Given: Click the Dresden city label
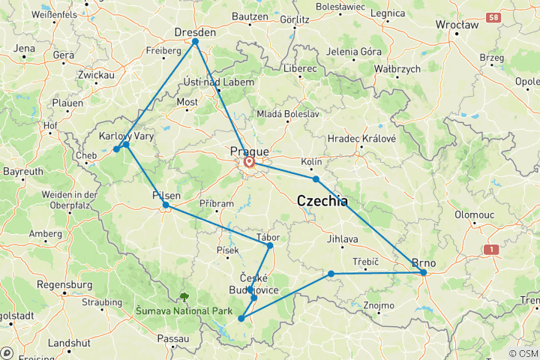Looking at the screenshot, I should (x=195, y=32).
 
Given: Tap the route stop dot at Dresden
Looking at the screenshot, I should (x=195, y=42).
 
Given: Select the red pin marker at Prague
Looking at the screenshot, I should (x=249, y=160).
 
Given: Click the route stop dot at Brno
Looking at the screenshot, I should (x=424, y=273).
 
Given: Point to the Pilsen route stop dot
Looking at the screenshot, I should (x=166, y=205).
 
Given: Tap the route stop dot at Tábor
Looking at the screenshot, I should (x=270, y=245).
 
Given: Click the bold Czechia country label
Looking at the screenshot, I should (x=322, y=201).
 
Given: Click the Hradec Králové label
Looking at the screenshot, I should (x=361, y=139).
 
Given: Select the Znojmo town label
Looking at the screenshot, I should (x=378, y=306).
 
